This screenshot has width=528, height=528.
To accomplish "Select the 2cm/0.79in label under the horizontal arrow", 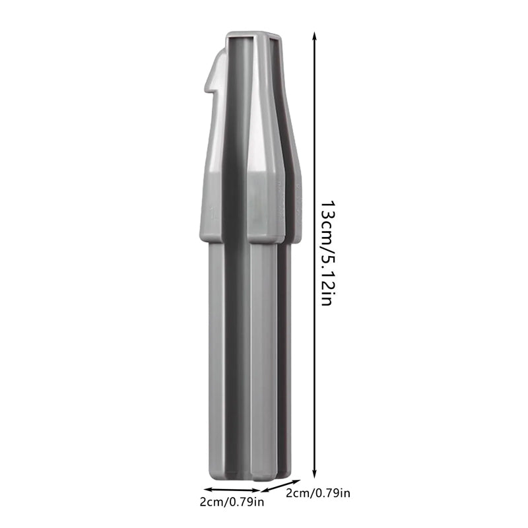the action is tap(232, 502).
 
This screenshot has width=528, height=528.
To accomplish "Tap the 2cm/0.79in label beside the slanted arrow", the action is tap(318, 493).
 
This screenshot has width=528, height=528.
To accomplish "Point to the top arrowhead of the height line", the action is tap(314, 36).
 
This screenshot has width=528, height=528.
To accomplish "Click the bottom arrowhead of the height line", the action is tap(314, 474).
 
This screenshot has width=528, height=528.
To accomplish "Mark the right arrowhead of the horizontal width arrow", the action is tap(257, 490).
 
